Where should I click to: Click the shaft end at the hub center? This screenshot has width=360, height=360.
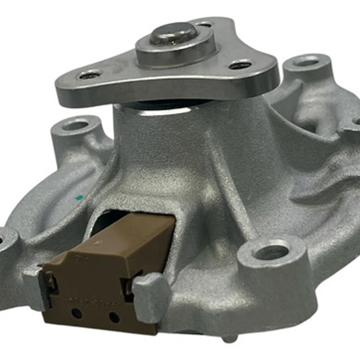click(173, 33)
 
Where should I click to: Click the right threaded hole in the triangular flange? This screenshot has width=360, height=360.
click(240, 65)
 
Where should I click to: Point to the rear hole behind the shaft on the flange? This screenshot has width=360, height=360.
click(203, 24)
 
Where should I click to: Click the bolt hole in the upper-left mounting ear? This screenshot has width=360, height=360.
click(75, 125)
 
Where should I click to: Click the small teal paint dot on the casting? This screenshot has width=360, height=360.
click(79, 198)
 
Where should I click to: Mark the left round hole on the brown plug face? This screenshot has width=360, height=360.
click(77, 313)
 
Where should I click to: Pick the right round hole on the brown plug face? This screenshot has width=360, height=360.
click(114, 317)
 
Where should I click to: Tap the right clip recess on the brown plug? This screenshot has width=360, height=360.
click(128, 287)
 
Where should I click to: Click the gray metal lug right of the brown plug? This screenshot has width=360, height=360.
click(152, 297)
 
